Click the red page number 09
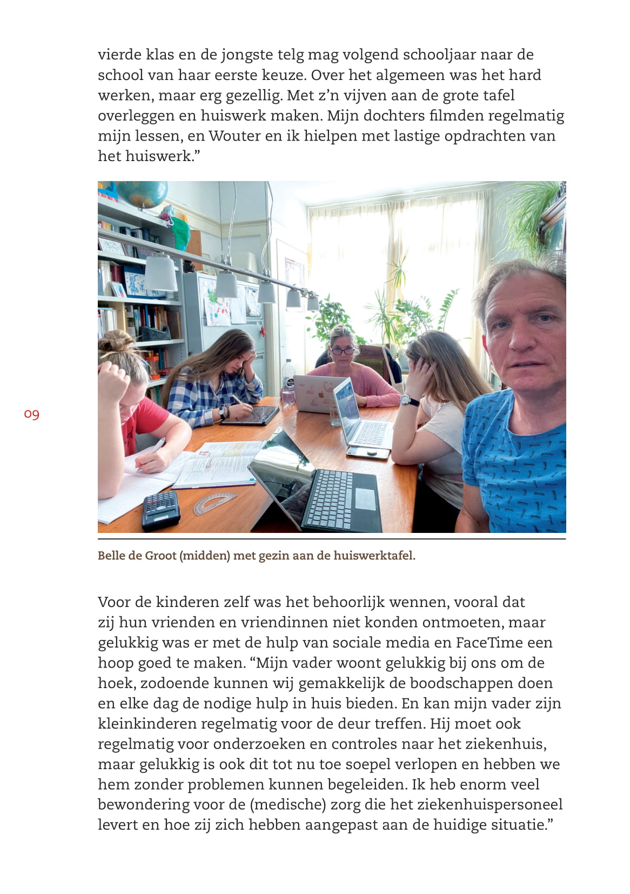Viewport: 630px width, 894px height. click(32, 415)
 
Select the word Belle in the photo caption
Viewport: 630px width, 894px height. click(111, 556)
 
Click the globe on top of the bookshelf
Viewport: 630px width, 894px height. click(142, 194)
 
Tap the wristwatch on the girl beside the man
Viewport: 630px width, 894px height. click(410, 401)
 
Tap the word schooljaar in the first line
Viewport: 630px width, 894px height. click(406, 55)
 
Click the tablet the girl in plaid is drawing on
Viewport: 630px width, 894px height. click(250, 416)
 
